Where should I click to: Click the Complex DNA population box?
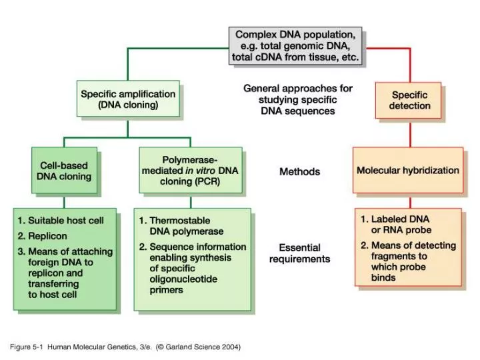click(295, 45)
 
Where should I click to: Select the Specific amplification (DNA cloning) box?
click(129, 99)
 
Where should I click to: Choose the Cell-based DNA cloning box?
click(64, 171)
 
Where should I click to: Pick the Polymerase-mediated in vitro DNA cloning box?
click(190, 171)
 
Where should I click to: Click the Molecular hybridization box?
click(407, 170)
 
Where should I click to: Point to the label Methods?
click(299, 171)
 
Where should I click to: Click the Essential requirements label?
click(299, 253)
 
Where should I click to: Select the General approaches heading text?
click(297, 99)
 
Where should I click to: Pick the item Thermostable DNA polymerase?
click(179, 225)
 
